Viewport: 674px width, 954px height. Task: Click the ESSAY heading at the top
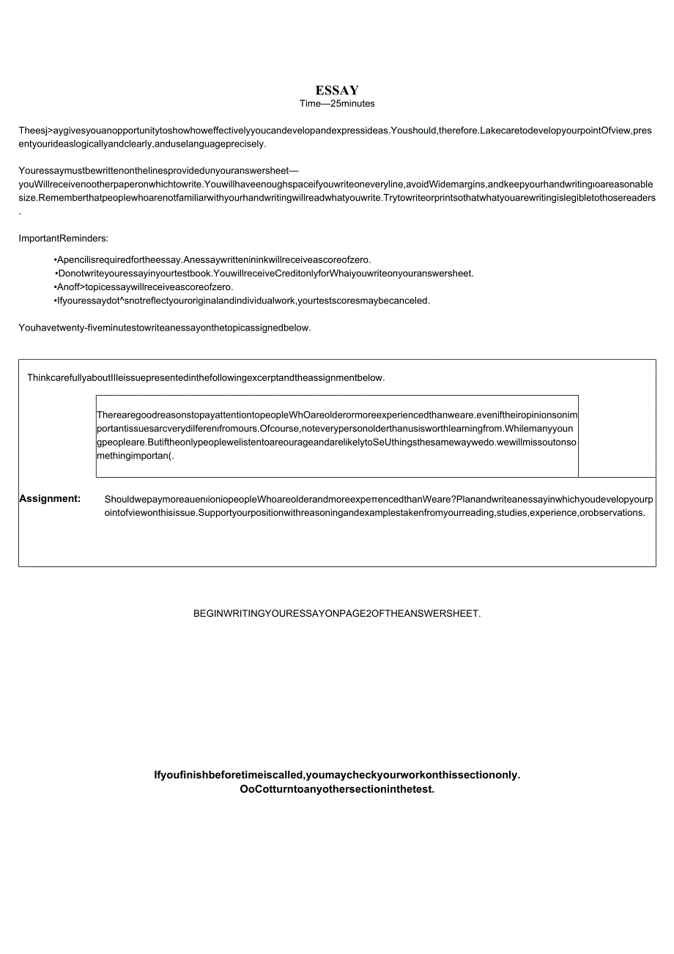(337, 90)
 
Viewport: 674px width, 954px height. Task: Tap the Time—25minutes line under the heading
(337, 104)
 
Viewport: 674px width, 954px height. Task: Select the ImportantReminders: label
(63, 238)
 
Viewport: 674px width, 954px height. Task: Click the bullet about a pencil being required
(212, 259)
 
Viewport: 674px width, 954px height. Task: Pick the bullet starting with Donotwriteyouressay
(265, 273)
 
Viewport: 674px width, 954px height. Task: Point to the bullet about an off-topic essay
(144, 286)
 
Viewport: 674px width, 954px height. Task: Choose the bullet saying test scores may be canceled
(242, 300)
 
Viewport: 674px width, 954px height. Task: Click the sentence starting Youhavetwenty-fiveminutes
(165, 328)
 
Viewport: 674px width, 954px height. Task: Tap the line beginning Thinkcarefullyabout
(206, 378)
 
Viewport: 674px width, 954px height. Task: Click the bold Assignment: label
(50, 499)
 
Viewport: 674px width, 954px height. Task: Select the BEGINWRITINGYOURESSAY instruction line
(337, 614)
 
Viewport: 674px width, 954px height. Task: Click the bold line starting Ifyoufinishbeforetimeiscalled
(337, 775)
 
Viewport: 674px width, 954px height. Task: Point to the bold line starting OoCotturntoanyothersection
(337, 790)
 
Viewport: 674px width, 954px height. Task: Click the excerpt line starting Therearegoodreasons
(337, 415)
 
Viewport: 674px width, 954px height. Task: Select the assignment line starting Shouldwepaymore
(378, 500)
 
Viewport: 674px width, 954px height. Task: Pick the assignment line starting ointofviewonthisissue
(374, 513)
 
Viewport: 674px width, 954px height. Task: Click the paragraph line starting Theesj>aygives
(335, 131)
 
